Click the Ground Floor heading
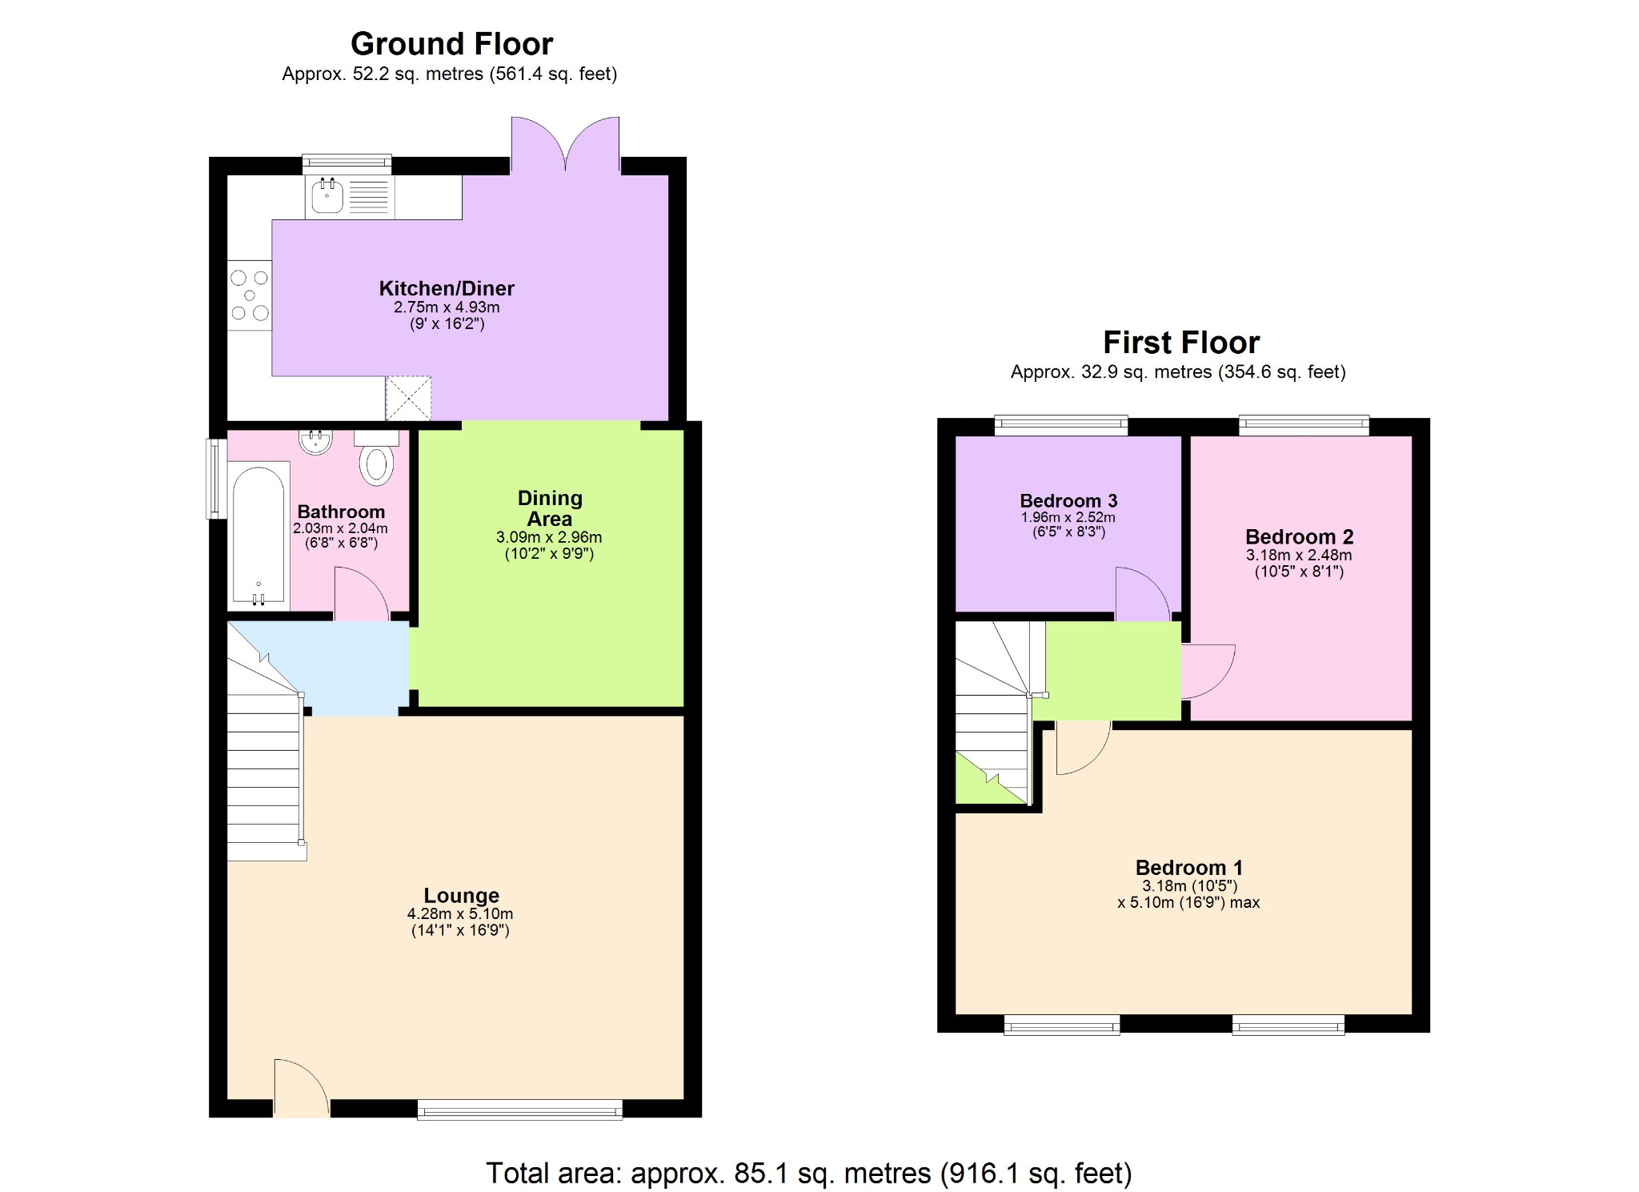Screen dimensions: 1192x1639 point(451,44)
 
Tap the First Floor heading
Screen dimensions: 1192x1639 point(1180,343)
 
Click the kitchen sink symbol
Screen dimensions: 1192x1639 point(327,196)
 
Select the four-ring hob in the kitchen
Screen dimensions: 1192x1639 point(250,296)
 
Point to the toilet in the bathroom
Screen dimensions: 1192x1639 point(376,464)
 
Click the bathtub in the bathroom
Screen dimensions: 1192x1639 point(258,534)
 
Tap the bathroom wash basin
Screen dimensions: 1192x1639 point(315,441)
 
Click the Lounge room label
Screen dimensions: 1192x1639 point(461,895)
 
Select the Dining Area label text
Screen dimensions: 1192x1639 point(550,508)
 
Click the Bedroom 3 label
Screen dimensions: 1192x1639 point(1068,500)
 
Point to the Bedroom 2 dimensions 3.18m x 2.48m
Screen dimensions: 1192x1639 point(1298,555)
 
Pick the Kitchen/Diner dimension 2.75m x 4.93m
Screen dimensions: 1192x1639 point(446,307)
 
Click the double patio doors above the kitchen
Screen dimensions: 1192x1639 point(565,144)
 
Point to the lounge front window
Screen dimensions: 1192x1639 point(519,1109)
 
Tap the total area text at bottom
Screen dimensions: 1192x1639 point(808,1173)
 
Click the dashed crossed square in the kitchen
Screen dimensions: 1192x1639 point(408,398)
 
